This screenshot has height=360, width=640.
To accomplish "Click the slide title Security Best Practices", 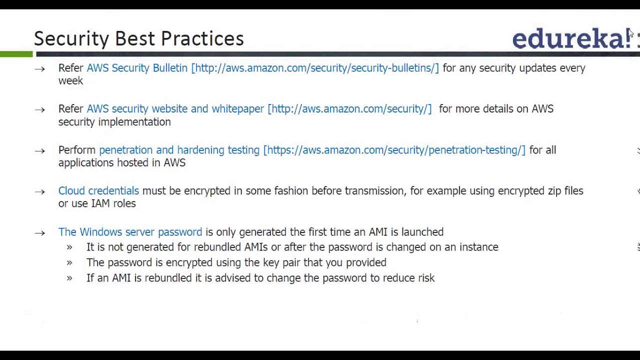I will point(138,38).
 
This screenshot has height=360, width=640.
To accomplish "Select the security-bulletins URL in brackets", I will point(315,68).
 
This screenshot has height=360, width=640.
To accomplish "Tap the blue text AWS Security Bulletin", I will point(137,68).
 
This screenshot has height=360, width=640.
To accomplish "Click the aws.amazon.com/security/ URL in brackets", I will point(349,109).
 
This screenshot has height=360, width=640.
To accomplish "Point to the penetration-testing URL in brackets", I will point(394,150).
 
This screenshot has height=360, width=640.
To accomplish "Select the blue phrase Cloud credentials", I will point(98,191).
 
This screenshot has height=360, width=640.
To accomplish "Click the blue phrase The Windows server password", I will point(130,232).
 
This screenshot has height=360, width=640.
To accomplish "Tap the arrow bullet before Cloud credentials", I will point(40,191).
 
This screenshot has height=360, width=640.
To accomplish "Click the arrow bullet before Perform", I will point(40,150).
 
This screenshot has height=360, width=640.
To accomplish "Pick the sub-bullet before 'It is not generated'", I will point(69,247).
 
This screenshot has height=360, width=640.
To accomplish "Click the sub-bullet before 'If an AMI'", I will point(69,278).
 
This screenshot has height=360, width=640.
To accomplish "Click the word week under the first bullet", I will point(70,80).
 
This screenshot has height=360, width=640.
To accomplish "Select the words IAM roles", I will point(113,203).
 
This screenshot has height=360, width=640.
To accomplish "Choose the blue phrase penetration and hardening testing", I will point(179,150).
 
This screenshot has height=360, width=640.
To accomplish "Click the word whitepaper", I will point(237,109).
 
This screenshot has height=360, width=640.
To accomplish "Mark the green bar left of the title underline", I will point(16,54).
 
